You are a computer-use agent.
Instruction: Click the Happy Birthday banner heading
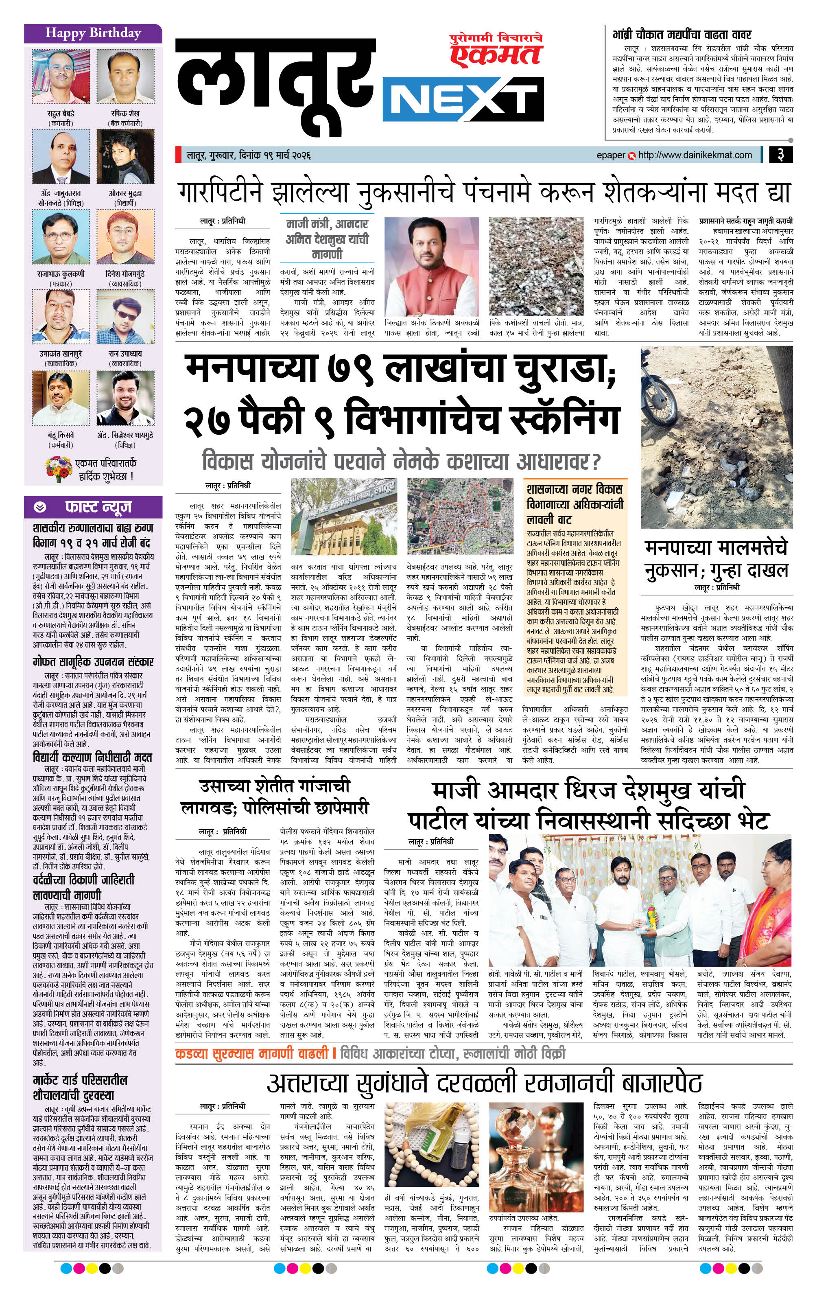[93, 33]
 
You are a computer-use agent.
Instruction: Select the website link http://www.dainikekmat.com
[695, 155]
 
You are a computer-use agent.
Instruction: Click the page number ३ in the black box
[780, 155]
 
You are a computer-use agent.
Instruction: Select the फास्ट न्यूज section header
[98, 507]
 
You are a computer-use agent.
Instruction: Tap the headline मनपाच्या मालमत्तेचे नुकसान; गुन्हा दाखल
[716, 558]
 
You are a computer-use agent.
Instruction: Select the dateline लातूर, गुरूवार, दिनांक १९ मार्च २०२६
[249, 155]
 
